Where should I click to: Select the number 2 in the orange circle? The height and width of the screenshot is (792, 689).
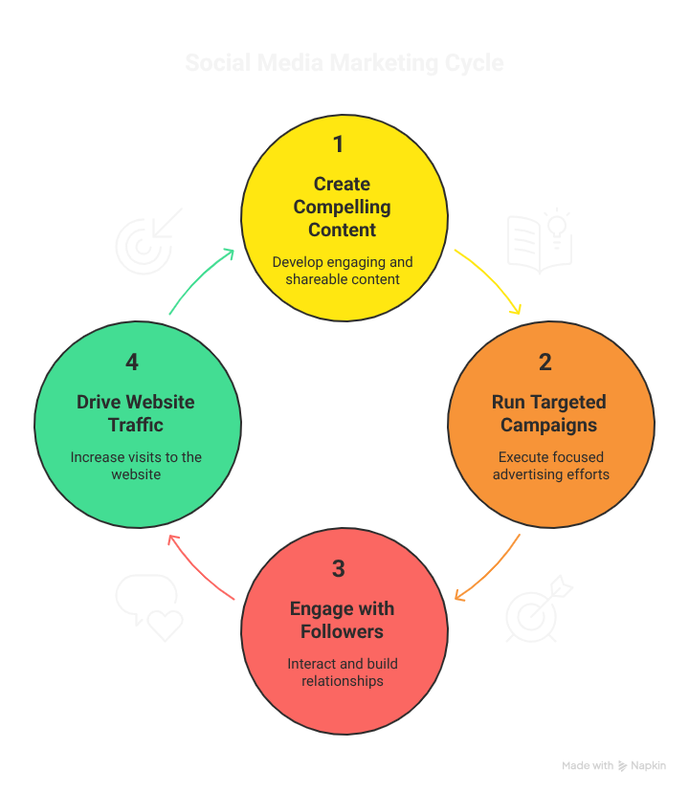pyautogui.click(x=545, y=363)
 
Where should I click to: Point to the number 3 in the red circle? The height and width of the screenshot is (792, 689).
pyautogui.click(x=338, y=569)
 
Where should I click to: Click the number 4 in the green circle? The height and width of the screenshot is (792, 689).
pyautogui.click(x=132, y=363)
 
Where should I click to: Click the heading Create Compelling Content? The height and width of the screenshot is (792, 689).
pyautogui.click(x=342, y=207)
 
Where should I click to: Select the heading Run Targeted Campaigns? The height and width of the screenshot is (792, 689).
pyautogui.click(x=549, y=413)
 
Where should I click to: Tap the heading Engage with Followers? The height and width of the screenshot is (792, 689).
pyautogui.click(x=342, y=620)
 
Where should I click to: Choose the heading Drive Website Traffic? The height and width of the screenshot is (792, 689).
pyautogui.click(x=136, y=413)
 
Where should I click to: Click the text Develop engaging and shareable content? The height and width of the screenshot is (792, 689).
pyautogui.click(x=343, y=271)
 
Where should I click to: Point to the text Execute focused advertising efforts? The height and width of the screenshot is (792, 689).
pyautogui.click(x=550, y=466)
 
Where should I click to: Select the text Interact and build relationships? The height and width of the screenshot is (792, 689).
pyautogui.click(x=343, y=672)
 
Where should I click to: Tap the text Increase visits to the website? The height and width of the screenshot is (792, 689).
pyautogui.click(x=136, y=466)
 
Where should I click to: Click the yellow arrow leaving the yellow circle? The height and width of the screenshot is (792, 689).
pyautogui.click(x=490, y=279)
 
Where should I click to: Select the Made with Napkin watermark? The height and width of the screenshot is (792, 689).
pyautogui.click(x=613, y=765)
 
